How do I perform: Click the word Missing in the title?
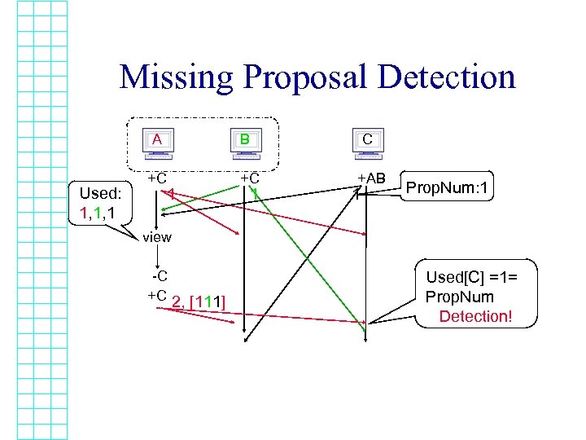pos(173,77)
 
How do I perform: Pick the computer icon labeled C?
pos(367,142)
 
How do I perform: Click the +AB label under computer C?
pos(371,178)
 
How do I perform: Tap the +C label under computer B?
pos(249,178)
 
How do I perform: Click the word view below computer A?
pos(156,237)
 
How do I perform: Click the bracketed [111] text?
pos(207,303)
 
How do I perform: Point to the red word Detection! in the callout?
pos(475,315)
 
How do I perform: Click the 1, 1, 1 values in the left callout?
pos(102,213)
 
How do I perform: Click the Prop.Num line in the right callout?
pos(459,297)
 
